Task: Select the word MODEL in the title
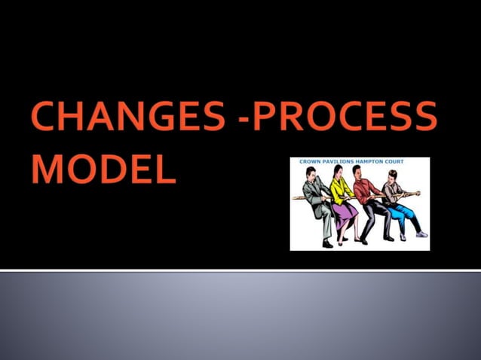pyautogui.click(x=104, y=169)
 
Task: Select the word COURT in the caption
pyautogui.click(x=409, y=162)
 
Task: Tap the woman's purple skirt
pyautogui.click(x=345, y=212)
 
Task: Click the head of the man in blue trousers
pyautogui.click(x=391, y=177)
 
